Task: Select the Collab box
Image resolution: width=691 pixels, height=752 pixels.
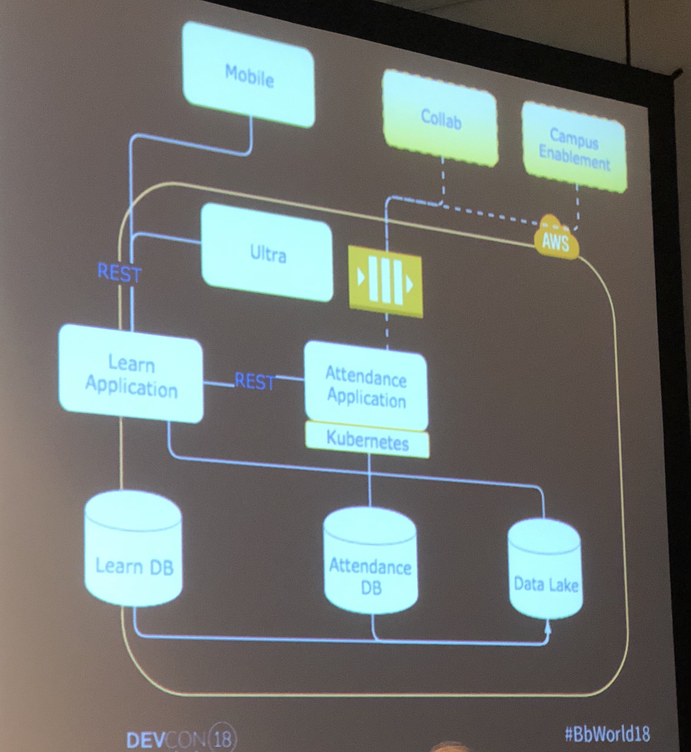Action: point(440,120)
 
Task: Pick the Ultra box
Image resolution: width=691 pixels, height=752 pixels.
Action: point(267,254)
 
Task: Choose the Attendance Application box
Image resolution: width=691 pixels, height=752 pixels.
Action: point(366,387)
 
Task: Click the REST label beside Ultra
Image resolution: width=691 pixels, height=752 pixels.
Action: point(119,273)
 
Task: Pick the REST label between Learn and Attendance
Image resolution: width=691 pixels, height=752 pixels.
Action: point(254,381)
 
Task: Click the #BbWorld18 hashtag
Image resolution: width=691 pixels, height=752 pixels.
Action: point(608,733)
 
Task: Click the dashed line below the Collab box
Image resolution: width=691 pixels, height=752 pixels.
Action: point(443,179)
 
